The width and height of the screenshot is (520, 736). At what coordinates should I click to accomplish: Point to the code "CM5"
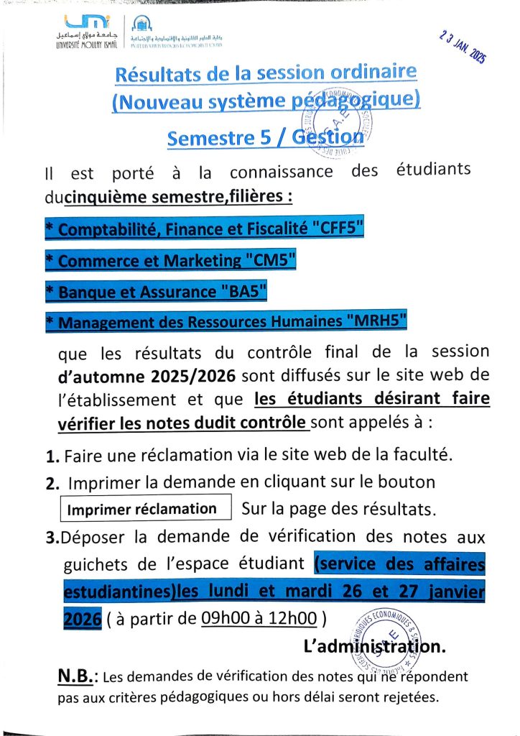270,261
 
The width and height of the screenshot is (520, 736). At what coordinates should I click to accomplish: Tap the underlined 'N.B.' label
77,676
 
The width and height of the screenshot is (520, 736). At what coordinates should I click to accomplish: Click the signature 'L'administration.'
374,646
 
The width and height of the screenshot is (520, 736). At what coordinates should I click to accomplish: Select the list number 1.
51,456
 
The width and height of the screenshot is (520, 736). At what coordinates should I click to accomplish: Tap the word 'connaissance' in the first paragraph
282,172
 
